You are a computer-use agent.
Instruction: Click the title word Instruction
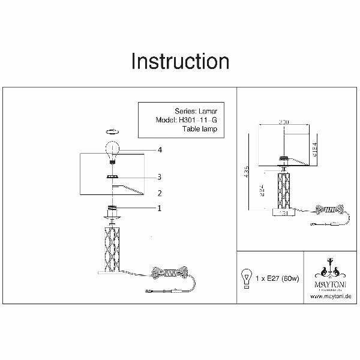click(179, 62)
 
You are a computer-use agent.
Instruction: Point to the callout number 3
click(160, 177)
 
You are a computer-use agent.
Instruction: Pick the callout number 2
click(160, 193)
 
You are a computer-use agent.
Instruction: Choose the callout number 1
click(160, 208)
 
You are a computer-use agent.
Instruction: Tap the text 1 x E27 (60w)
click(275, 280)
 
